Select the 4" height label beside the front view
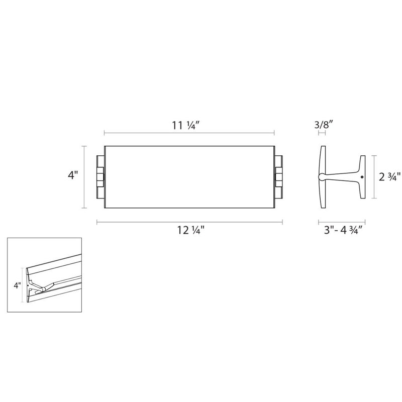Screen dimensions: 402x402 [73, 176]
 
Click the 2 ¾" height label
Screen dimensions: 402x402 [389, 177]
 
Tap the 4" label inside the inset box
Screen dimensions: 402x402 [17, 285]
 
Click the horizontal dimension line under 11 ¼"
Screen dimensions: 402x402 [189, 133]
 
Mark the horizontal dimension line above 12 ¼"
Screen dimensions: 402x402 [189, 221]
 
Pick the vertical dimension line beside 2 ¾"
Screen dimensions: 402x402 [374, 177]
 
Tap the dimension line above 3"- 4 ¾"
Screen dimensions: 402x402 [342, 221]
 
